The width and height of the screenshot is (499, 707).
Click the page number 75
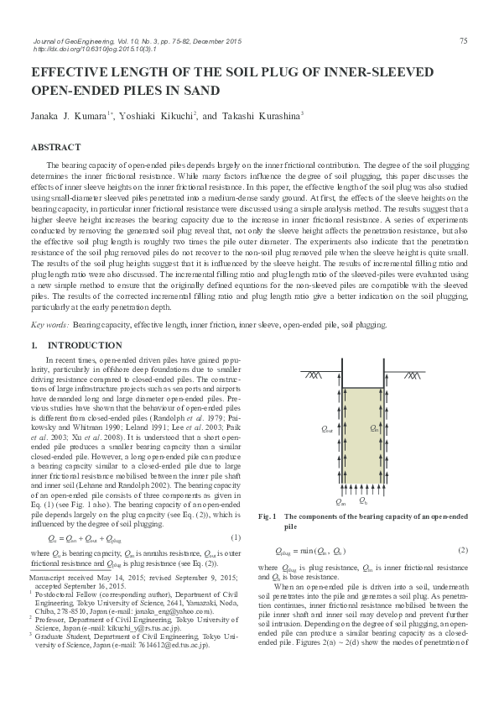463,41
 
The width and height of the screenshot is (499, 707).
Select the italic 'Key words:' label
49,323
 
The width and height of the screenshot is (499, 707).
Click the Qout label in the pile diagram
327,429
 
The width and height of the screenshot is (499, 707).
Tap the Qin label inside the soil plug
374,429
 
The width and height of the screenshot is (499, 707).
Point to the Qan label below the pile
340,501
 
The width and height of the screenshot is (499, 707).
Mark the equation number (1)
236,537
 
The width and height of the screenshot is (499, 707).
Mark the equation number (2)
462,550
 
